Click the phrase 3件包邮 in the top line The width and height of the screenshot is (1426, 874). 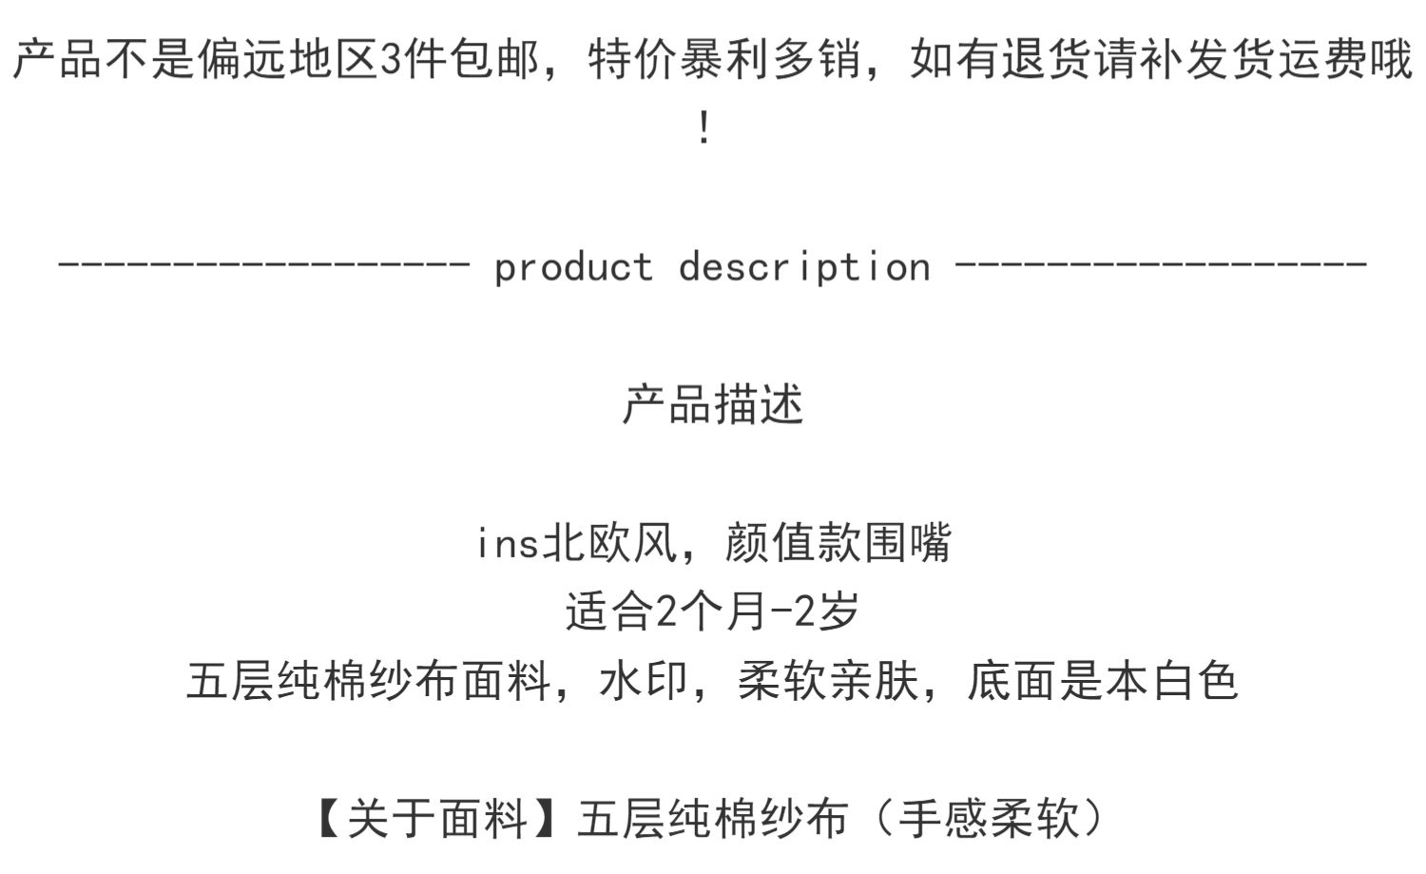click(x=458, y=60)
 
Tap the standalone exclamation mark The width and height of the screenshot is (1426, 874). click(x=703, y=128)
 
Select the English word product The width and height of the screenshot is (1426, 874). click(x=573, y=267)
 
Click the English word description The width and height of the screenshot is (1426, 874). click(x=804, y=267)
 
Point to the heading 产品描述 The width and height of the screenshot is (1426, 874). click(x=713, y=404)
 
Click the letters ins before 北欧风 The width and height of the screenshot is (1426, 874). click(x=508, y=544)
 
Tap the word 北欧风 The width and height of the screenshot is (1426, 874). click(x=609, y=544)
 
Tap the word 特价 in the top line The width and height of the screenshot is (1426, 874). click(x=633, y=60)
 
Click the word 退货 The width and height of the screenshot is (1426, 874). click(x=1049, y=60)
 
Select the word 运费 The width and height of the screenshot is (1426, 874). click(x=1323, y=60)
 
